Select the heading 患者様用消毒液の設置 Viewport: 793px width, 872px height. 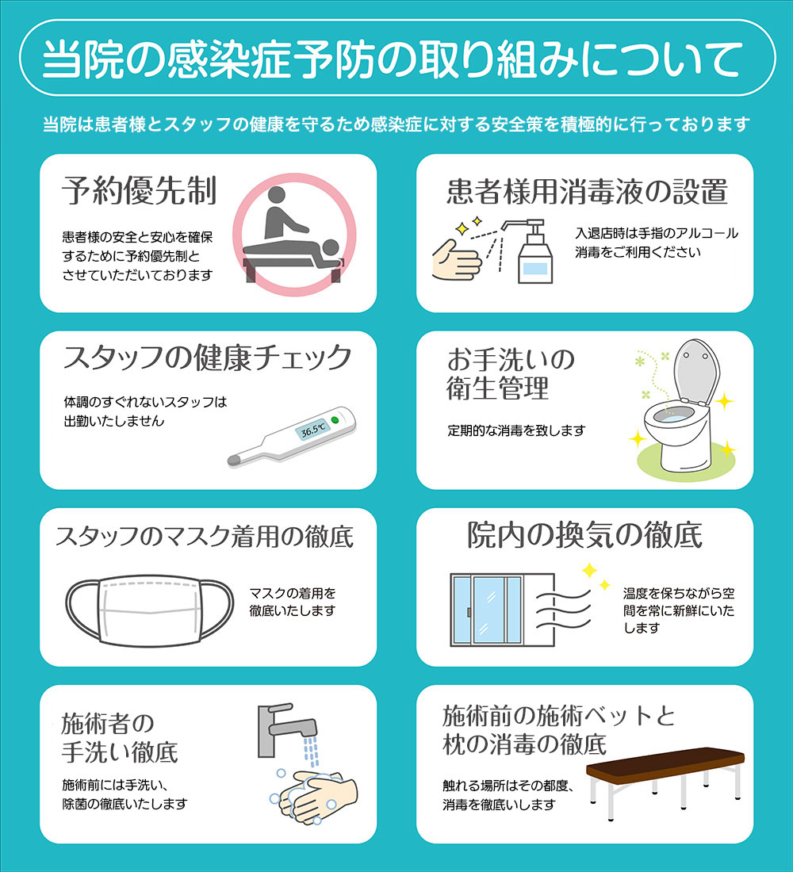pyautogui.click(x=587, y=191)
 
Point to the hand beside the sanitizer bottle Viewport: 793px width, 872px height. pyautogui.click(x=456, y=262)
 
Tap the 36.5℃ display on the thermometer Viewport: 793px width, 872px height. pyautogui.click(x=312, y=430)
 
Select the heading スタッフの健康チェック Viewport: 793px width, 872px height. pyautogui.click(x=207, y=358)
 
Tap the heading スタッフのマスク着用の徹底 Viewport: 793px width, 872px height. pyautogui.click(x=205, y=537)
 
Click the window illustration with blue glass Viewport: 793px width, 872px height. pyautogui.click(x=486, y=608)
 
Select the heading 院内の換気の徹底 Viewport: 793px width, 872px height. pyautogui.click(x=584, y=536)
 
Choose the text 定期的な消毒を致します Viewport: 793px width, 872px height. pyautogui.click(x=516, y=431)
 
